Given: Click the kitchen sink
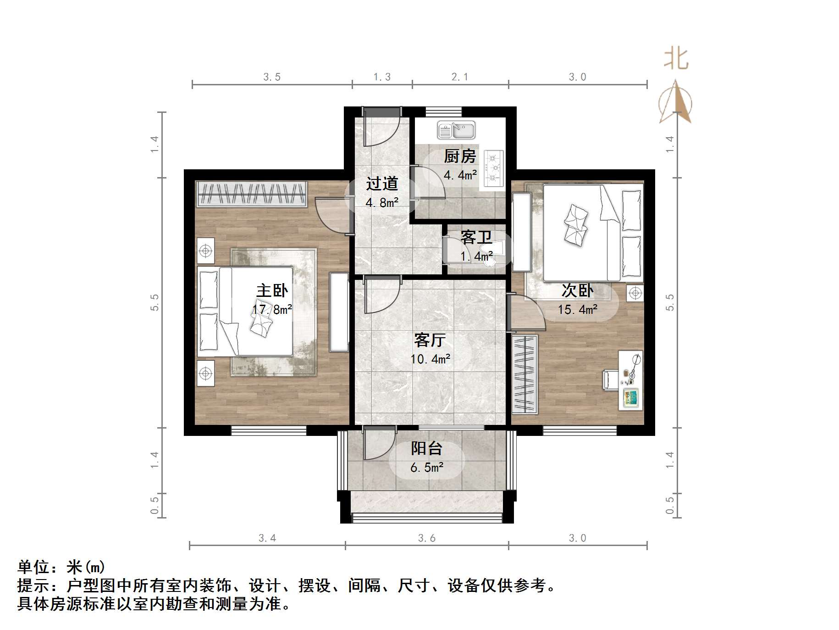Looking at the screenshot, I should point(456,130).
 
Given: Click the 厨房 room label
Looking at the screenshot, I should point(460,156).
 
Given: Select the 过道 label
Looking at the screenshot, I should point(382,184).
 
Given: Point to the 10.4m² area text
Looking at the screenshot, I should point(430,359).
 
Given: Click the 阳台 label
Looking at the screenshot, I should point(426,448).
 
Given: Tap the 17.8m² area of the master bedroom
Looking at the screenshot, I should point(272,310).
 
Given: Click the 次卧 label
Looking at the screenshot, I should point(577,290).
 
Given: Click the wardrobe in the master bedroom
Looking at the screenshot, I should point(251,194).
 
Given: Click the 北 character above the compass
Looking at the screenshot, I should point(676,59).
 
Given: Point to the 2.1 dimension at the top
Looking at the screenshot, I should point(460,77).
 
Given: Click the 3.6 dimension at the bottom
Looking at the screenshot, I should point(427,538).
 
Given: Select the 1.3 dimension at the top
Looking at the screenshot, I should point(382,77).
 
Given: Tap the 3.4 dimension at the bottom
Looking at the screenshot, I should point(267,538).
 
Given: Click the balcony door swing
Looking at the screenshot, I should point(378,443).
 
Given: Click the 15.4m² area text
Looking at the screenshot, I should point(577,310).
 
